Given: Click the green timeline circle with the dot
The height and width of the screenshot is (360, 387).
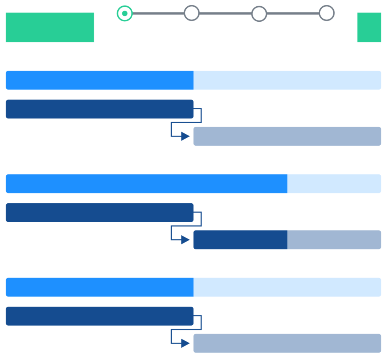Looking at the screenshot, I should click(x=125, y=13).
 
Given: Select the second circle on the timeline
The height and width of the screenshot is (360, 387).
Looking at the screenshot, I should click(x=192, y=13).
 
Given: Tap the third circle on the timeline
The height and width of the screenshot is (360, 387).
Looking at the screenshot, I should click(x=259, y=14).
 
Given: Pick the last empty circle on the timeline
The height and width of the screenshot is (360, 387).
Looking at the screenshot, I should click(x=327, y=13).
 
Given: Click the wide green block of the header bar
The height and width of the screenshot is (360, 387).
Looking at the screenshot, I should click(x=50, y=27).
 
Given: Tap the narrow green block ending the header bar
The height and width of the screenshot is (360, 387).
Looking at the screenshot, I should click(x=369, y=27).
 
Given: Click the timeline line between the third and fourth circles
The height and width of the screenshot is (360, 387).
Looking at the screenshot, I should click(x=293, y=13).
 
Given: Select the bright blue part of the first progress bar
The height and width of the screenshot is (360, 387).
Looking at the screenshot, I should click(x=100, y=80).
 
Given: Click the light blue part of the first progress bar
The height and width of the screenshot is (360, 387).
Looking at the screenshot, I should click(x=287, y=80).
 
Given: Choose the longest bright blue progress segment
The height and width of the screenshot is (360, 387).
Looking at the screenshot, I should click(x=147, y=184).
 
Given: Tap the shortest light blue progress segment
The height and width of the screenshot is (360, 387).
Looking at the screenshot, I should click(x=334, y=184).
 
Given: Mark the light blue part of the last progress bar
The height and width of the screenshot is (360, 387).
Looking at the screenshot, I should click(x=287, y=287).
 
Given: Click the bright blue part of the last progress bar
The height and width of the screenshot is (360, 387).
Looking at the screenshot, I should click(x=100, y=287).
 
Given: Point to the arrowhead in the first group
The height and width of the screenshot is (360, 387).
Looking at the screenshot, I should click(x=185, y=137).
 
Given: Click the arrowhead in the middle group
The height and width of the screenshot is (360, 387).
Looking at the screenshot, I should click(x=185, y=240).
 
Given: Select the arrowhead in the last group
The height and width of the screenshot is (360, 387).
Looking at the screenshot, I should click(x=185, y=343).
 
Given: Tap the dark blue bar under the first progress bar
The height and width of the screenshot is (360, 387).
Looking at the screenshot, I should click(x=100, y=109).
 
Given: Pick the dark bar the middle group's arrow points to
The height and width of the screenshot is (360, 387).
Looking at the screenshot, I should click(x=287, y=240).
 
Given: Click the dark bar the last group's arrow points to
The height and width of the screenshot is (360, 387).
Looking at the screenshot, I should click(x=287, y=343).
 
